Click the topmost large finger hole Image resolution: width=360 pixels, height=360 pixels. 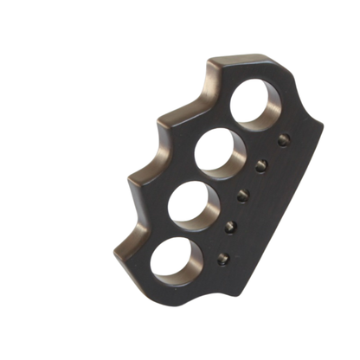tap(256, 102)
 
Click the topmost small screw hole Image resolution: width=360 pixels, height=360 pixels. tap(283, 139)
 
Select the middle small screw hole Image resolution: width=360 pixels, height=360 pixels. tap(243, 195)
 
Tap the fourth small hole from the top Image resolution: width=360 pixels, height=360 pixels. tap(231, 227)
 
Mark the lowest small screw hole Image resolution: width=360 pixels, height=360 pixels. tap(222, 258)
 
